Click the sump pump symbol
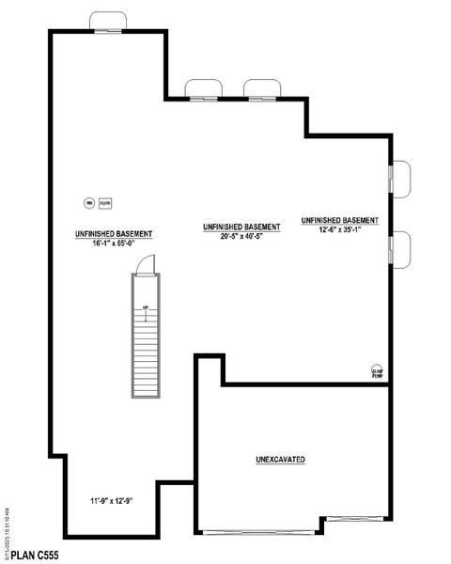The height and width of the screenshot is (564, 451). click(377, 371)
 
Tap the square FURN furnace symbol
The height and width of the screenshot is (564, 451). click(104, 202)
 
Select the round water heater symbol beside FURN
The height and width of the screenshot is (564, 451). click(89, 202)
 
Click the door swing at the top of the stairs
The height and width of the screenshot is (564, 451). click(144, 267)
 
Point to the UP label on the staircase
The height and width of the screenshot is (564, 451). click(146, 307)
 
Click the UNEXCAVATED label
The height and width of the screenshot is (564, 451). click(280, 460)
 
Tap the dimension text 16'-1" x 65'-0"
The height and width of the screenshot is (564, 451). click(115, 243)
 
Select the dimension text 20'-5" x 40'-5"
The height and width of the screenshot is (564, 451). click(241, 237)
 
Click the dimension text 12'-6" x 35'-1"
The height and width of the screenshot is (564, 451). click(340, 229)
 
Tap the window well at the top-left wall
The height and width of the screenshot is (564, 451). click(108, 22)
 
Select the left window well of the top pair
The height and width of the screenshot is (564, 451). click(203, 89)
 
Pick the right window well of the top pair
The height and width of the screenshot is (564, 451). click(262, 89)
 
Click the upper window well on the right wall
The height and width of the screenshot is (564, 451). click(400, 179)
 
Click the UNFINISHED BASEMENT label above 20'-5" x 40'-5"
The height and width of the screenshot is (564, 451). click(241, 227)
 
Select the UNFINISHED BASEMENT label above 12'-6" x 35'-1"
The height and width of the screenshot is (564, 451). click(340, 220)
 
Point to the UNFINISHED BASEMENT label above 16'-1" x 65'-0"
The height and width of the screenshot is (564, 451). click(115, 233)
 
